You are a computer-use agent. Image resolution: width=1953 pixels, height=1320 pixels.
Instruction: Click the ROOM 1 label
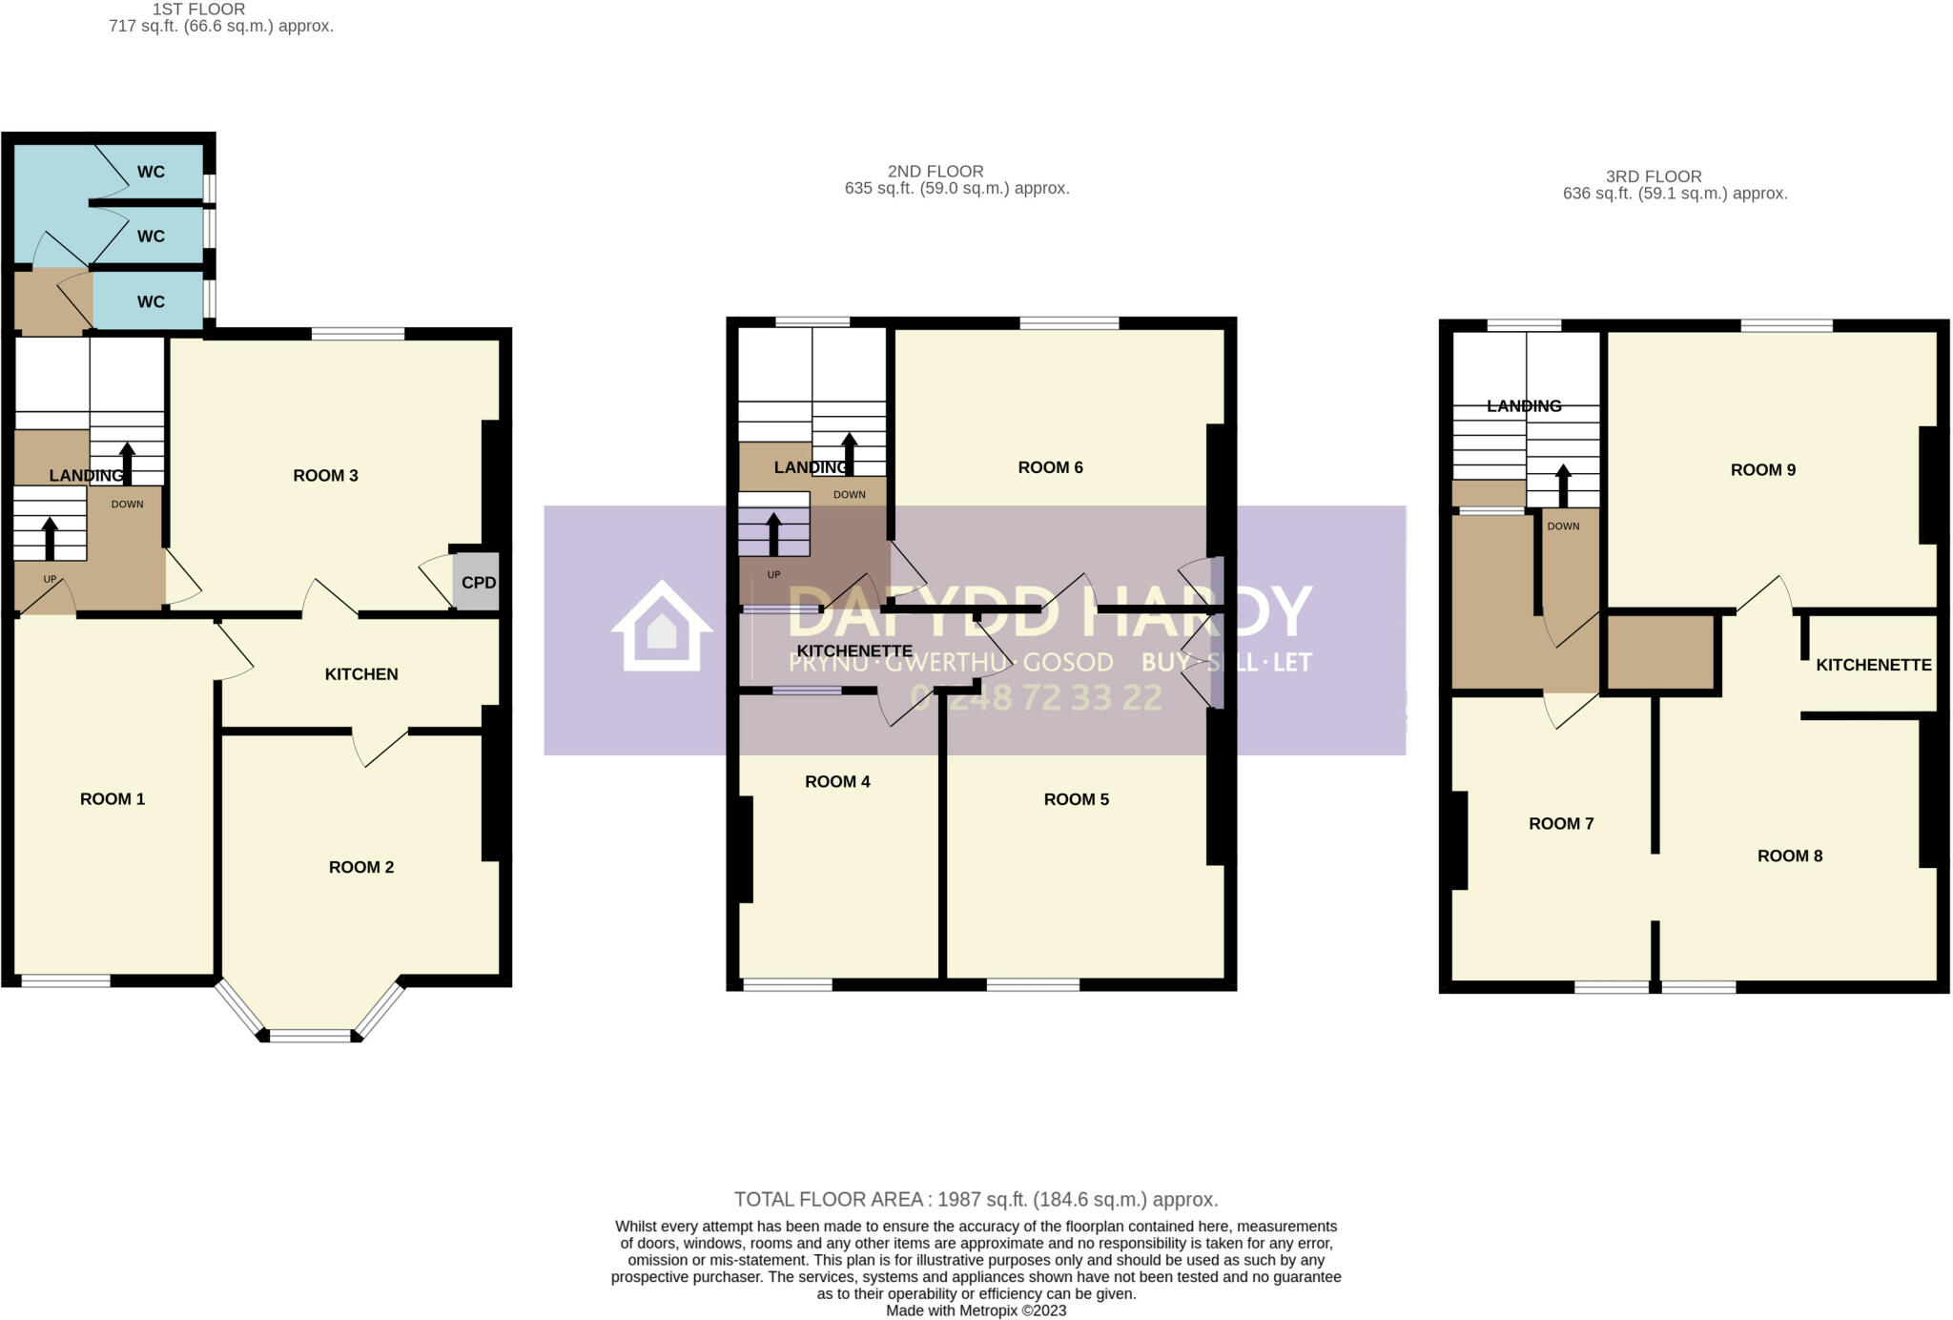(x=113, y=799)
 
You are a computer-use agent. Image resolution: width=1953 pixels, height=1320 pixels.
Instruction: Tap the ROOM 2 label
(x=361, y=867)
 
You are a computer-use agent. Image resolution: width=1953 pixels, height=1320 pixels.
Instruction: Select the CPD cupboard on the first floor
(x=478, y=583)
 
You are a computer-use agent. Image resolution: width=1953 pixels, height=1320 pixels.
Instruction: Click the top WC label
(x=151, y=172)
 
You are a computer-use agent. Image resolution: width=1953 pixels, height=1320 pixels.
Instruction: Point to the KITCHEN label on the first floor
(x=361, y=674)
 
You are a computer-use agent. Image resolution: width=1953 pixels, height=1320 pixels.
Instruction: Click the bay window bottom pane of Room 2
(x=311, y=1035)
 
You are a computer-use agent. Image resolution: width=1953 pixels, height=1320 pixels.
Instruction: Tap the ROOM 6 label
(x=1050, y=467)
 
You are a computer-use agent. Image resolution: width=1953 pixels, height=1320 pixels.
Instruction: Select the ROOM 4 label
(x=837, y=782)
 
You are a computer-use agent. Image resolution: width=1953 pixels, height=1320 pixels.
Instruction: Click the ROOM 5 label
(x=1076, y=799)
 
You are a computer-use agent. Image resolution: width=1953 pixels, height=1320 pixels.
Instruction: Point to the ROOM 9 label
(x=1762, y=469)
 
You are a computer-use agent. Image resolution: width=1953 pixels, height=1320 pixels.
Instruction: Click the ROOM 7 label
(x=1561, y=824)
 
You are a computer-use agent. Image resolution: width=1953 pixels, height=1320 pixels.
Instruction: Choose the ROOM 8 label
(x=1789, y=856)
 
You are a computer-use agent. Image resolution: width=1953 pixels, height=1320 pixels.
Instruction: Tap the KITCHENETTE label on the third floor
(x=1873, y=665)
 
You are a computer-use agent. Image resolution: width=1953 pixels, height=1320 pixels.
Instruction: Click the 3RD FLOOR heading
(x=1654, y=176)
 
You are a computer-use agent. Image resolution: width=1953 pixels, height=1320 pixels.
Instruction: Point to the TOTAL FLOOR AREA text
(x=976, y=1200)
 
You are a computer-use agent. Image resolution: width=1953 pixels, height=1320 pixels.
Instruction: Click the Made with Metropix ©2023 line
(x=976, y=1310)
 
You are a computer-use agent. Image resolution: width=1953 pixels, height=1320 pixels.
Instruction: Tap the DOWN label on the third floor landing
(x=1563, y=526)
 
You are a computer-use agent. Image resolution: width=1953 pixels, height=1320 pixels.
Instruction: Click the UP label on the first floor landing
(x=50, y=579)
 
